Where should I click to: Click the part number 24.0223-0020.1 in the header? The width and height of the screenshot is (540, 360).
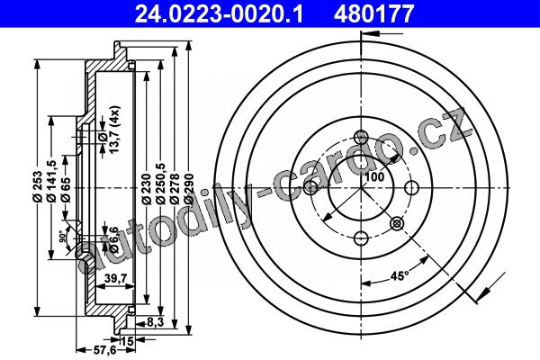219,14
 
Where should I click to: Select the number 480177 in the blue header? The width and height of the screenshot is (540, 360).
373,14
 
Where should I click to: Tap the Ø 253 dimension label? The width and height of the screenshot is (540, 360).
37,186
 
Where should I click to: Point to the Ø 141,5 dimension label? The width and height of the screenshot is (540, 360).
51,181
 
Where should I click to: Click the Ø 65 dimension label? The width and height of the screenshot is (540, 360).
66,190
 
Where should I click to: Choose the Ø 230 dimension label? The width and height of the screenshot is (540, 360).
147,190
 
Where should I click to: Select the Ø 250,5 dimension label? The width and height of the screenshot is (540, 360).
161,184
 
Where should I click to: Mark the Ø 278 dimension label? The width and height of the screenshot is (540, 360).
175,190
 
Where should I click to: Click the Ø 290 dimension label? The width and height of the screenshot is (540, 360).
189,190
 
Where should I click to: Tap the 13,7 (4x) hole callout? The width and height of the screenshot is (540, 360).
114,130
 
